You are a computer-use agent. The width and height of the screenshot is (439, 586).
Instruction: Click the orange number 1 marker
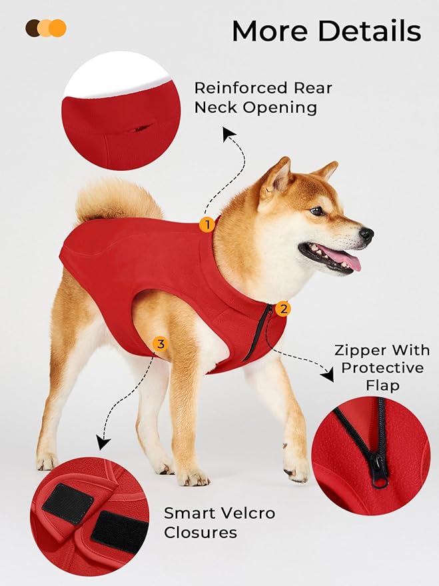(x=207, y=225)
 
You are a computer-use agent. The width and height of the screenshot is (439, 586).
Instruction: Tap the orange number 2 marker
(x=284, y=309)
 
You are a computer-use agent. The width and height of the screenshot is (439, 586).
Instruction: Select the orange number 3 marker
(x=160, y=344)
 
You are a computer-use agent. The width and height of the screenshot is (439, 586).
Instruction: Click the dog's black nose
(x=366, y=235)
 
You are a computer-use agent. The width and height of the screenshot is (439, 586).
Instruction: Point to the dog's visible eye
(x=318, y=211)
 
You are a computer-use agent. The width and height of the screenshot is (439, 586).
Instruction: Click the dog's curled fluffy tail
(x=113, y=199)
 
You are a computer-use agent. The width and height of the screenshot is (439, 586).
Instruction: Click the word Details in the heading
(x=378, y=31)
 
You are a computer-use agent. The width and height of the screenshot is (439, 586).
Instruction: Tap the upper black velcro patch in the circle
(x=67, y=504)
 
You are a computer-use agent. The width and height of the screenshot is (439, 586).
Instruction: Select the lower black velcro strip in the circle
(x=120, y=533)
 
